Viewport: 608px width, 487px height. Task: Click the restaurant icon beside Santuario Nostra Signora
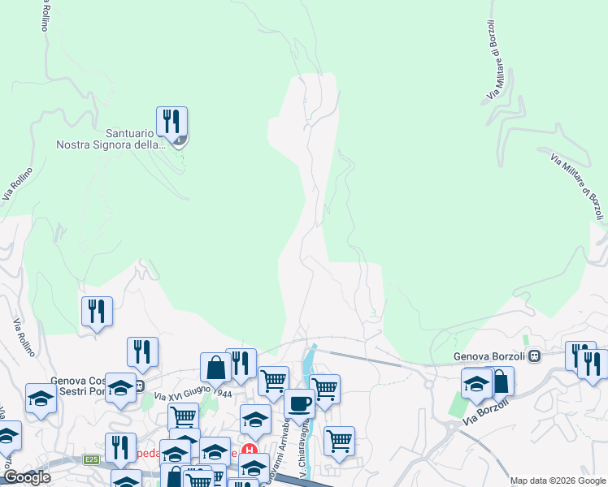coord(172,122)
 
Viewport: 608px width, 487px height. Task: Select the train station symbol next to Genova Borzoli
coord(535,356)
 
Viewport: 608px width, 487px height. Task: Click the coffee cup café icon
coord(298,403)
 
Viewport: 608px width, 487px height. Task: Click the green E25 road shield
coord(90,460)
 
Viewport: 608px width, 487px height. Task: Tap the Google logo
coord(27,477)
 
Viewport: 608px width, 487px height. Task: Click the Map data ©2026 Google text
coord(558,481)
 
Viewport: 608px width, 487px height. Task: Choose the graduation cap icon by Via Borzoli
coord(476,383)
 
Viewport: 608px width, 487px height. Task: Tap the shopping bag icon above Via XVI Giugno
coord(216,367)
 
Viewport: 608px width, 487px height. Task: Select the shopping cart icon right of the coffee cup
coord(324,388)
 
